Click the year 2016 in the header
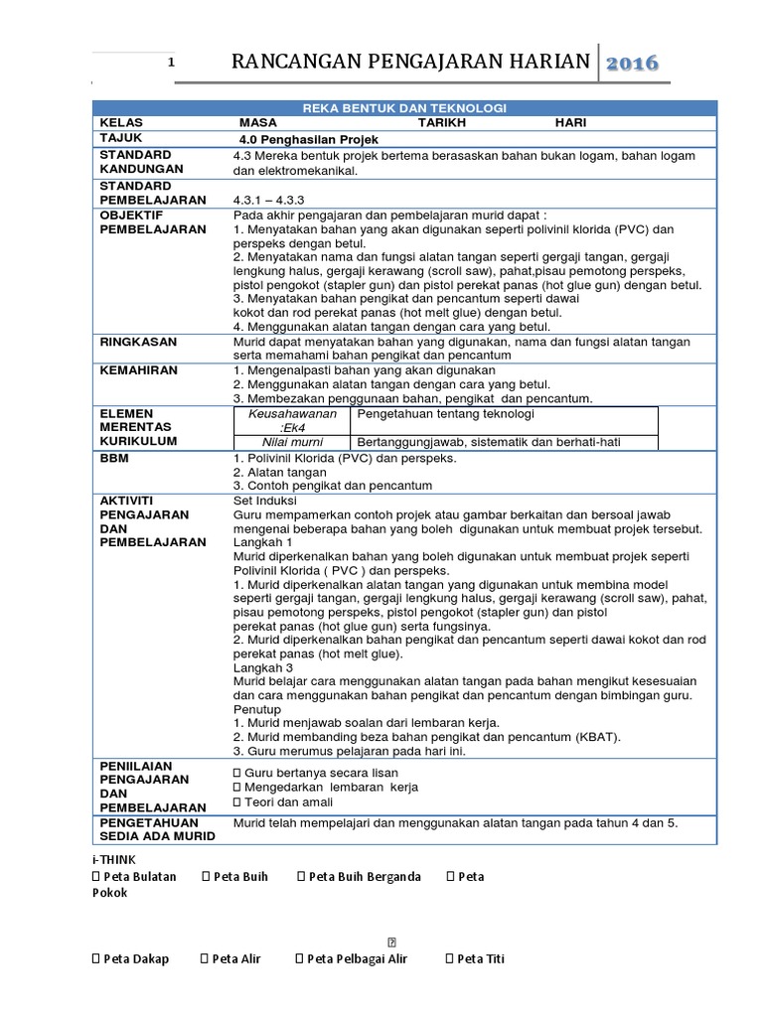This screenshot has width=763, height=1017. coord(632,63)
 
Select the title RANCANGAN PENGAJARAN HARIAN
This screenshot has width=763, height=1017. coord(410,63)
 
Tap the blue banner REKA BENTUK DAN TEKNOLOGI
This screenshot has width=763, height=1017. coord(403,106)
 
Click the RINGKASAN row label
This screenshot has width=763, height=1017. coord(138,341)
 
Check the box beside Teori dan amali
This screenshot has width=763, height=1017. coord(236,801)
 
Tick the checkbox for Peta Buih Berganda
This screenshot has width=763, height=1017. coord(301,876)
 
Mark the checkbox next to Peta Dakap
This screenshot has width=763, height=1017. coord(96,958)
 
